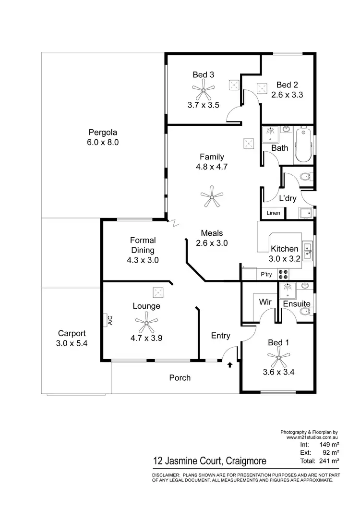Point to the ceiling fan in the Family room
tap(212, 196)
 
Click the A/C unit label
tap(109, 320)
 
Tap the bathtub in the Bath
tap(303, 145)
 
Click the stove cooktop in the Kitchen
tap(284, 274)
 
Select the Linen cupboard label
tap(274, 213)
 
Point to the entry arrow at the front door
tap(230, 365)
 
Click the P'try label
tap(266, 275)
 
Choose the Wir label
tap(265, 303)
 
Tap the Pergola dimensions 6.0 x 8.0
tap(103, 142)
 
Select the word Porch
tap(180, 378)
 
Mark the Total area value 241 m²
tap(329, 461)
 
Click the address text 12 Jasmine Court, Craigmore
tap(209, 461)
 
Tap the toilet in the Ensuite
tap(305, 312)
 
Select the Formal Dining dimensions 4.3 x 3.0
tap(140, 260)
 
